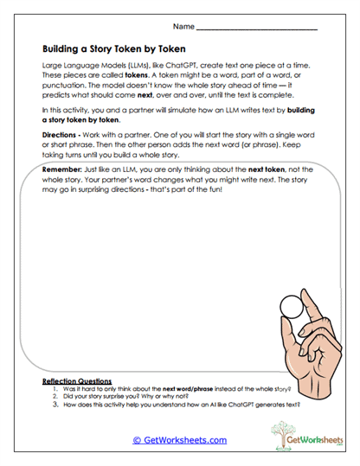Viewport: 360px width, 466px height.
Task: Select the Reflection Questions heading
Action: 77,380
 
